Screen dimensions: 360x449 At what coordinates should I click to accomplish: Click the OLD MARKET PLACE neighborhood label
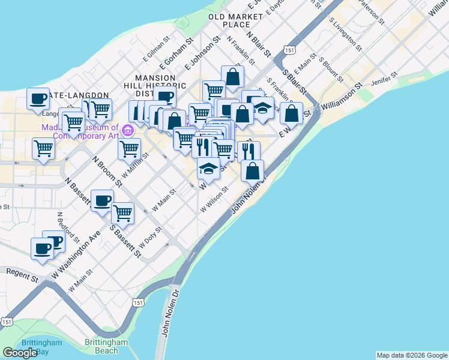point(229,20)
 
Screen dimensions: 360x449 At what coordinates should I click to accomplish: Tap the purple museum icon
point(127,130)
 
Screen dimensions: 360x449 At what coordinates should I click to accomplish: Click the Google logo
point(20,353)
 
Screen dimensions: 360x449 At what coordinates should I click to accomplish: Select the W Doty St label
point(150,237)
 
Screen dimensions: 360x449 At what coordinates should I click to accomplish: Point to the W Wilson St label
point(215,199)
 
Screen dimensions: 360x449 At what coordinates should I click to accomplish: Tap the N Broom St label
point(107,172)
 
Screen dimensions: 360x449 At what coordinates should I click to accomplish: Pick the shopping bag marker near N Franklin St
point(232,77)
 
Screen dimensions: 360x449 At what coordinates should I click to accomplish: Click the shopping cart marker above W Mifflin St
point(130,149)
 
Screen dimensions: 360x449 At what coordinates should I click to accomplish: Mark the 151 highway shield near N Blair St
point(291,49)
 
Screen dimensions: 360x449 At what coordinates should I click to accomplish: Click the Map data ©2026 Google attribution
point(412,355)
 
